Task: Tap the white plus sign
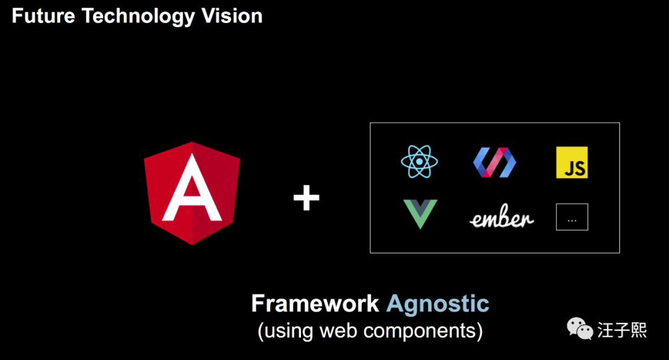307,199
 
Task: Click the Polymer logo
495,162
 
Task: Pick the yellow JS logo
572,162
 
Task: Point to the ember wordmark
502,219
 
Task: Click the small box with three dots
572,217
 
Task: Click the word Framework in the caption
315,304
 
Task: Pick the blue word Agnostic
438,304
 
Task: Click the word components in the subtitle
420,330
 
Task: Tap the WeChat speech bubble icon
581,328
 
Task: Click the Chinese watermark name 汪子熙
623,330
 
